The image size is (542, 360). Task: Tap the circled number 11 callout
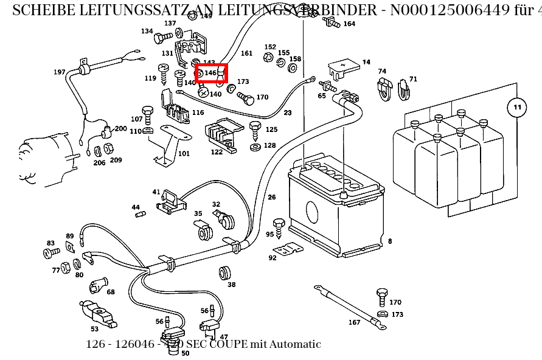pos(516,108)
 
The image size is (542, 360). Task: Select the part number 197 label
pos(59,72)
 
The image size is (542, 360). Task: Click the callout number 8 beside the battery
pos(390,241)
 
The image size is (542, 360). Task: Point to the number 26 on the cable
pos(271,197)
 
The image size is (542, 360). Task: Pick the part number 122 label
pos(217,152)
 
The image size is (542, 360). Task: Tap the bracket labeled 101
pos(166,144)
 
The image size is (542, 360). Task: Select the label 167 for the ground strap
pos(354,322)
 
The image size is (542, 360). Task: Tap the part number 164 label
pos(349,24)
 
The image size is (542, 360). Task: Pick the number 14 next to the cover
pos(366,62)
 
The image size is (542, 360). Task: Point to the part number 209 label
pos(116,161)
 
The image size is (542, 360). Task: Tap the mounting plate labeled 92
pos(287,250)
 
